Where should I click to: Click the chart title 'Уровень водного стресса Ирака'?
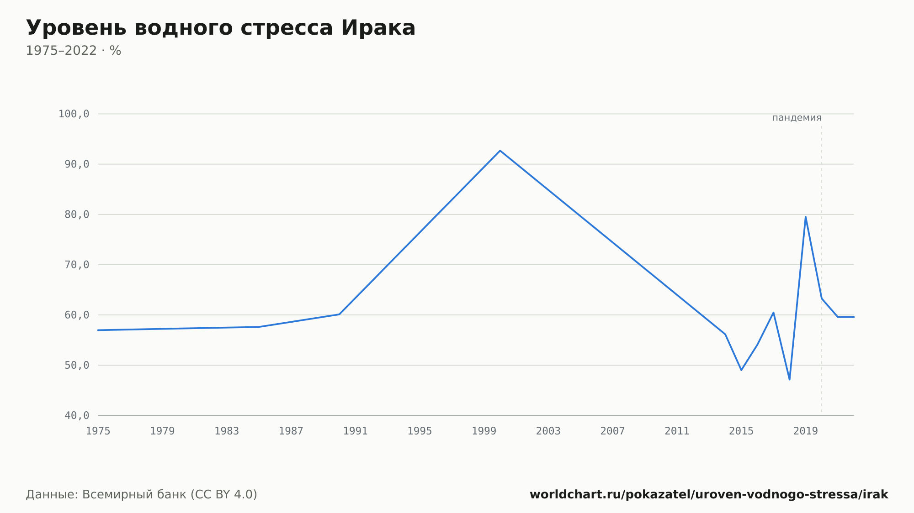[x=221, y=28]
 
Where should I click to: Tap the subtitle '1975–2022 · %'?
[x=74, y=51]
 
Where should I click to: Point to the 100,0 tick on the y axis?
[x=74, y=114]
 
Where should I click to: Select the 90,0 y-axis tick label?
[x=77, y=164]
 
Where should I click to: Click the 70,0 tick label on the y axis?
[x=77, y=265]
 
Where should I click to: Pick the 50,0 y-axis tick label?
[x=77, y=365]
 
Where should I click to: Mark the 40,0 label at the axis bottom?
[x=77, y=415]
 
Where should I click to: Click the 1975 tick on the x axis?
[x=98, y=431]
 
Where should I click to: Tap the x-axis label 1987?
[x=291, y=431]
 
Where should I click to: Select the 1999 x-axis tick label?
[x=484, y=431]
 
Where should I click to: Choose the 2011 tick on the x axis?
[x=677, y=431]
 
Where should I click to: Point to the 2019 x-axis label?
[x=806, y=431]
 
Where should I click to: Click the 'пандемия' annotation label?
[x=797, y=118]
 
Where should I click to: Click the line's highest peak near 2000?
[x=500, y=151]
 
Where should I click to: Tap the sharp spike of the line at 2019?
[x=806, y=217]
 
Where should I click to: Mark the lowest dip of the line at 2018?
[x=789, y=379]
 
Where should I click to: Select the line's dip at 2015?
[x=741, y=370]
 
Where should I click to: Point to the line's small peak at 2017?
[x=773, y=313]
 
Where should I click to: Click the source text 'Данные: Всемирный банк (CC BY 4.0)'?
[x=142, y=495]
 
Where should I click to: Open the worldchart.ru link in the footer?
[x=709, y=495]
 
